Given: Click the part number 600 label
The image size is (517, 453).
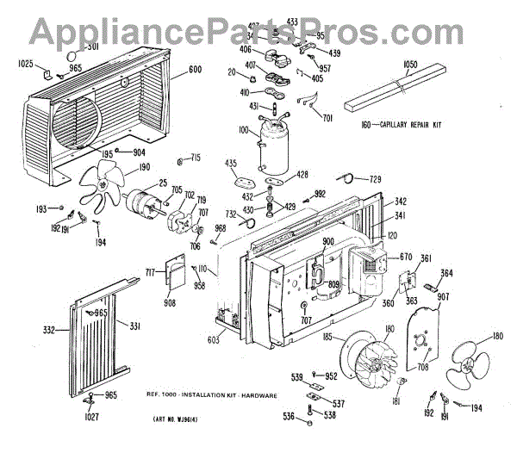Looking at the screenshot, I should (195, 71).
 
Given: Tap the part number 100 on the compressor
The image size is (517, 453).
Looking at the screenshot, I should (245, 131).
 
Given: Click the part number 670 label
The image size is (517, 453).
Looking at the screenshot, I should (406, 258).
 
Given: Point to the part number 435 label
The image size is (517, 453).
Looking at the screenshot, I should (231, 163).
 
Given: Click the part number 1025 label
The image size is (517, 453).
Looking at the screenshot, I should (26, 65).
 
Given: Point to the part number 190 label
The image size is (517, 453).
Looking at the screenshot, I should (143, 167).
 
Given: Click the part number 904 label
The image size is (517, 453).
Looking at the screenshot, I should (139, 152).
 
